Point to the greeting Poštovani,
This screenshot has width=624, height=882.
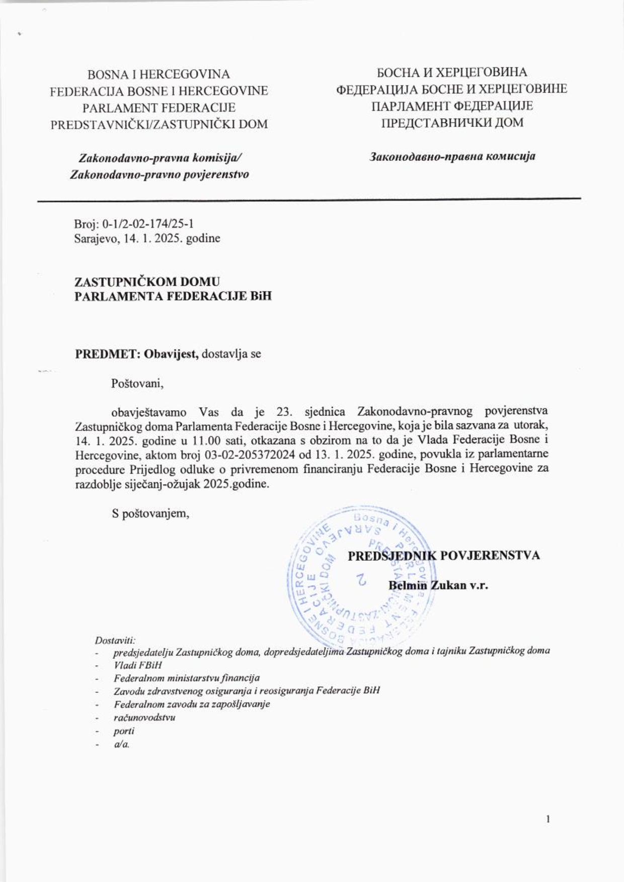(137, 384)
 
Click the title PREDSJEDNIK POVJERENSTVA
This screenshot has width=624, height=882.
(444, 556)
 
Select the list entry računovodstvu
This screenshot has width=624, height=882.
(144, 717)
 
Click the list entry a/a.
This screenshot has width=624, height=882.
(122, 744)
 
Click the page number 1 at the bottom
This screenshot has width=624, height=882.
(548, 820)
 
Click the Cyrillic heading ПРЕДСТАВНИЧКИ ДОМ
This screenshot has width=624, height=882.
(452, 122)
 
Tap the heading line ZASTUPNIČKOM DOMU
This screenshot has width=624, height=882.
(147, 282)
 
